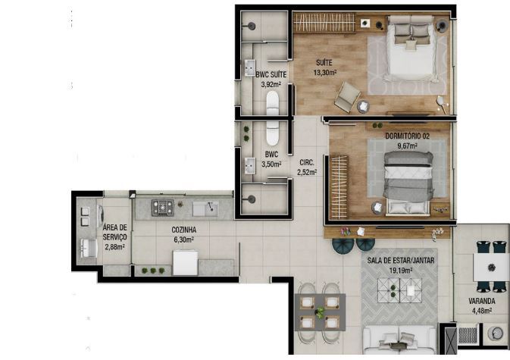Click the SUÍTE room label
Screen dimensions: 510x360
tap(324, 62)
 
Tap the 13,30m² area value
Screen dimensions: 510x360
tap(324, 72)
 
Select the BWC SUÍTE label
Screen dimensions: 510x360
tap(271, 74)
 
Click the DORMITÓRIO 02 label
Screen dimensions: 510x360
tap(407, 136)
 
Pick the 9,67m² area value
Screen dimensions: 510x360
tap(407, 146)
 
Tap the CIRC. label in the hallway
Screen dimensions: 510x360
tap(307, 162)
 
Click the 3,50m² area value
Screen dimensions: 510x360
tap(271, 164)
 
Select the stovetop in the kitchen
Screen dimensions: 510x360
tap(163, 208)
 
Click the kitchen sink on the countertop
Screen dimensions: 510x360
tap(205, 208)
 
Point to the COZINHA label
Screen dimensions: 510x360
tap(184, 230)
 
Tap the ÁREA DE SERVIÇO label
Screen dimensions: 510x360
tap(115, 232)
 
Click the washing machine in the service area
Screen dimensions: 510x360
tap(100, 217)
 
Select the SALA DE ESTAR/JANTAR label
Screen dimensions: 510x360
tap(401, 261)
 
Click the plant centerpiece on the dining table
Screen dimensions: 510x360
tap(321, 312)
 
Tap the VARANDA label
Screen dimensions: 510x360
tap(482, 301)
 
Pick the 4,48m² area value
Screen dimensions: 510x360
tap(482, 311)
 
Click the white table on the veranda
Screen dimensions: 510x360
tap(491, 268)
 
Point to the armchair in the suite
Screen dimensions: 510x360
tap(347, 96)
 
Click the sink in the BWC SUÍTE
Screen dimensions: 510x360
tap(250, 67)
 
